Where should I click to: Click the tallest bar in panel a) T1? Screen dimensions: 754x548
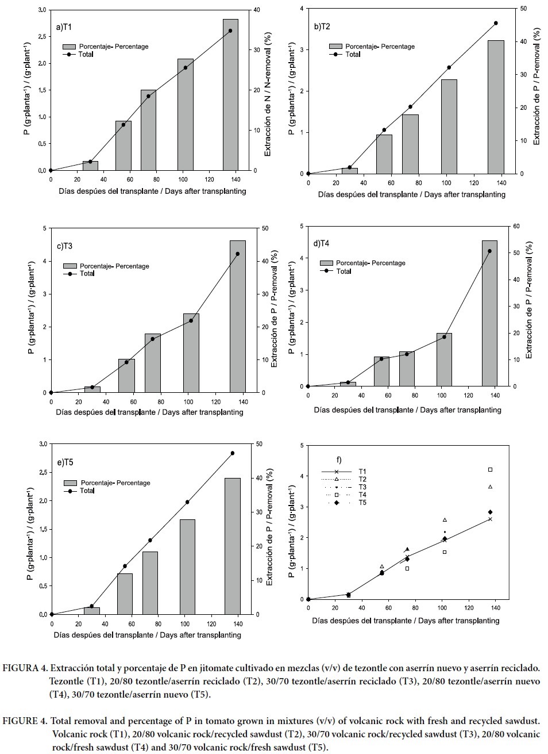tap(230, 95)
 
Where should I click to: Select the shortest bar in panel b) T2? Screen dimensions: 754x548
tap(350, 171)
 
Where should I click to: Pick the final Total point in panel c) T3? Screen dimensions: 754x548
tap(238, 254)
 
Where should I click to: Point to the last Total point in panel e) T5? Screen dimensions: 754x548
tap(233, 453)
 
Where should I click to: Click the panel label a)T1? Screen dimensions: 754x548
tap(64, 27)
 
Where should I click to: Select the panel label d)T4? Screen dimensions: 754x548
tap(321, 243)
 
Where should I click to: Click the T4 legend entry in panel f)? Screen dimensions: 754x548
tap(362, 495)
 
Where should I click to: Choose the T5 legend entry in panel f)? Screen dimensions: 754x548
tap(362, 503)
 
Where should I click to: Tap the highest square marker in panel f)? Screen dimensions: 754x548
tap(490, 470)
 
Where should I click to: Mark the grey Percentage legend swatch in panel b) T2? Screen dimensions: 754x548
tap(335, 47)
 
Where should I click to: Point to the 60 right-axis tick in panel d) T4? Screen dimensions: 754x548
tap(515, 227)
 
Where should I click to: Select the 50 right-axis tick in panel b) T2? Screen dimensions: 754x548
tap(520, 9)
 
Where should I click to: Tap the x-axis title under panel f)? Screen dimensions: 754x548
tap(406, 621)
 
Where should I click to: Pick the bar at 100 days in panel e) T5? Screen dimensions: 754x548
tap(187, 567)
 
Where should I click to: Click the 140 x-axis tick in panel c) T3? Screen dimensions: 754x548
tap(243, 401)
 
